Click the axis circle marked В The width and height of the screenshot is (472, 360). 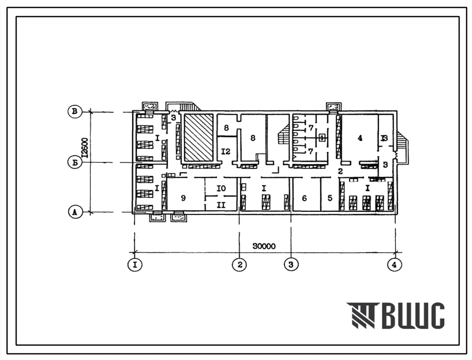(75, 111)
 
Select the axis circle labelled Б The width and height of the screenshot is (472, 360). (75, 163)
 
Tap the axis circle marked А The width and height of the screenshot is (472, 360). (75, 212)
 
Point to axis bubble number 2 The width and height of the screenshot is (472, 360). (240, 264)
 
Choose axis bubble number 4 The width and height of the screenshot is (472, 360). (395, 264)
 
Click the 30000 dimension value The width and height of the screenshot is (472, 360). (264, 245)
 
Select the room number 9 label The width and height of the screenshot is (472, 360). (184, 198)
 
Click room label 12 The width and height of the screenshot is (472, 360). (225, 152)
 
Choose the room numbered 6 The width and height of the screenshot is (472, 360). (305, 198)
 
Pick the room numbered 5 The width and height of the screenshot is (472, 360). (330, 198)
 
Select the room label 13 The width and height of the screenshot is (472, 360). (385, 139)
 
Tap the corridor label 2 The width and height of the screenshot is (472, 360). (340, 171)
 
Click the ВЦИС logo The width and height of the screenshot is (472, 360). (395, 316)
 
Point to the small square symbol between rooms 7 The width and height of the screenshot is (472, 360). (321, 136)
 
